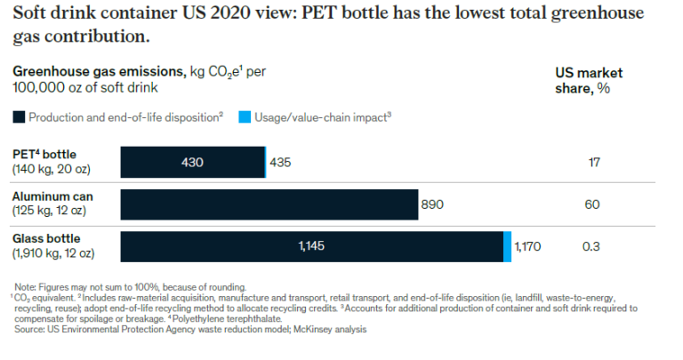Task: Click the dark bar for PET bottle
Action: pos(192,163)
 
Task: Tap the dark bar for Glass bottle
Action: pos(311,246)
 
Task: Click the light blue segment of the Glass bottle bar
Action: pos(507,246)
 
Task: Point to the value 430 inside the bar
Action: pos(192,163)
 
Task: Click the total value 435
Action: pos(281,163)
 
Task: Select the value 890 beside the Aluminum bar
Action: pos(433,204)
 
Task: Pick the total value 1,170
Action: pos(528,246)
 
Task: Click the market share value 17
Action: pos(594,163)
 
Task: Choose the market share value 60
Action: pos(594,204)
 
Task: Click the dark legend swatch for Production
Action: pos(19,116)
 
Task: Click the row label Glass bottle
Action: pos(46,238)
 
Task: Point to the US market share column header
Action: pos(588,80)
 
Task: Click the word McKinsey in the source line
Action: pos(319,330)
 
